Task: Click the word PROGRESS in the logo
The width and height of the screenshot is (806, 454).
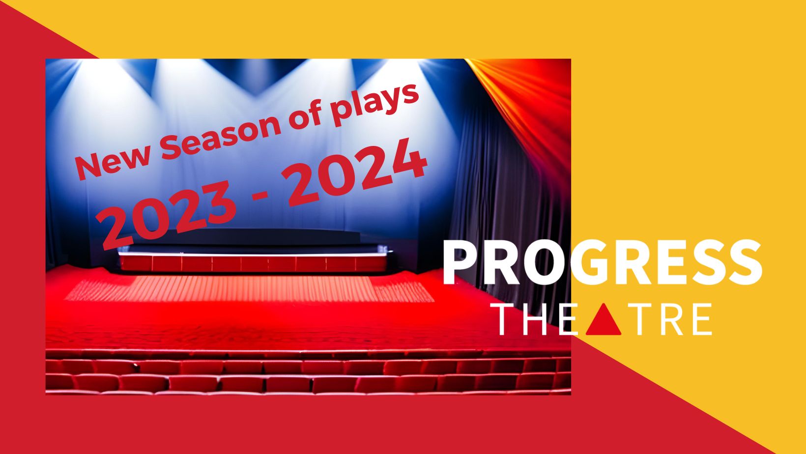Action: coord(603,262)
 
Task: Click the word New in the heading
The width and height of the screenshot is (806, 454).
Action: coord(113,162)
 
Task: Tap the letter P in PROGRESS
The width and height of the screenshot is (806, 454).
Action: coord(461,262)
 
